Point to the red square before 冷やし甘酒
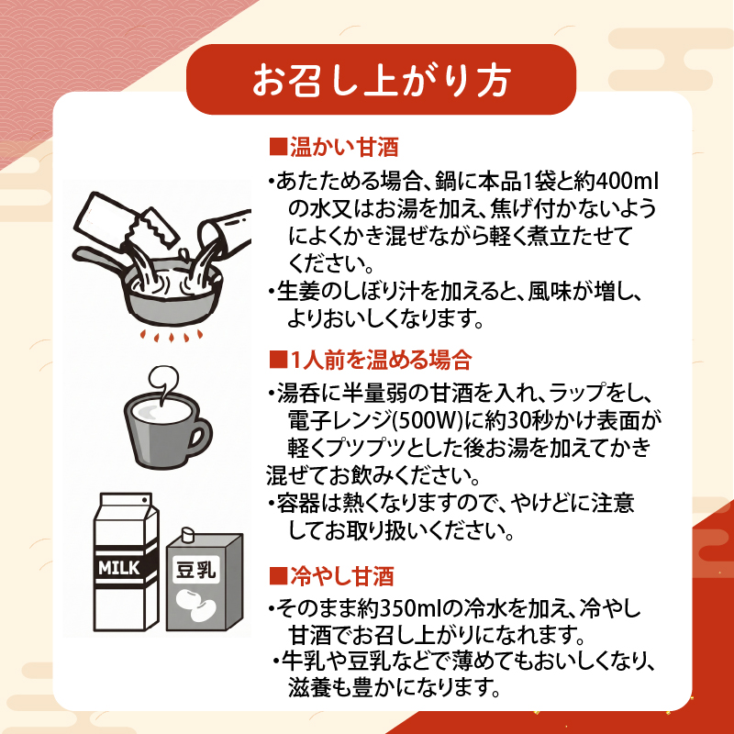pos(276,577)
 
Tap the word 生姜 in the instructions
pos(295,293)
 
